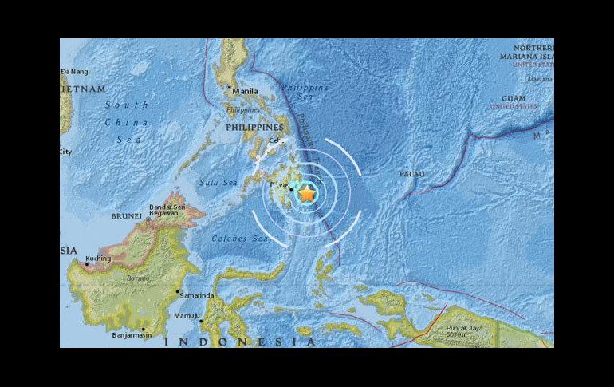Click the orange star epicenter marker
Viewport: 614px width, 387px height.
(307, 192)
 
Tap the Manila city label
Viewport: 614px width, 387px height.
(246, 92)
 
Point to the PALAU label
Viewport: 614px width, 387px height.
(411, 174)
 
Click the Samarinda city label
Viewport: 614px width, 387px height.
(198, 295)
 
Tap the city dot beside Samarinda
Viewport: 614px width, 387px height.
(177, 291)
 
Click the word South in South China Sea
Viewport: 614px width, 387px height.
(127, 105)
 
